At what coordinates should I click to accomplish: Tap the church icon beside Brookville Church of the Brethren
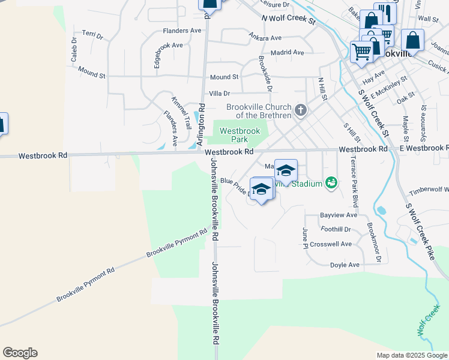(x=301, y=110)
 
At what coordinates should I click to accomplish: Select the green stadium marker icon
(x=331, y=182)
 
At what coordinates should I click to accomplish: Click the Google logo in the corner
(x=20, y=353)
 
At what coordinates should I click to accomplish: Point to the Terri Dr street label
(x=92, y=36)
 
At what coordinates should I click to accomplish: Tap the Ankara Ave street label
(x=265, y=38)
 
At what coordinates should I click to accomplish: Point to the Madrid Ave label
(x=288, y=52)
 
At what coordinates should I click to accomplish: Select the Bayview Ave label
(x=339, y=214)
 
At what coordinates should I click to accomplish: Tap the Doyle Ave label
(x=344, y=265)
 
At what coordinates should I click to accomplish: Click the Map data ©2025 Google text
(x=411, y=355)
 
